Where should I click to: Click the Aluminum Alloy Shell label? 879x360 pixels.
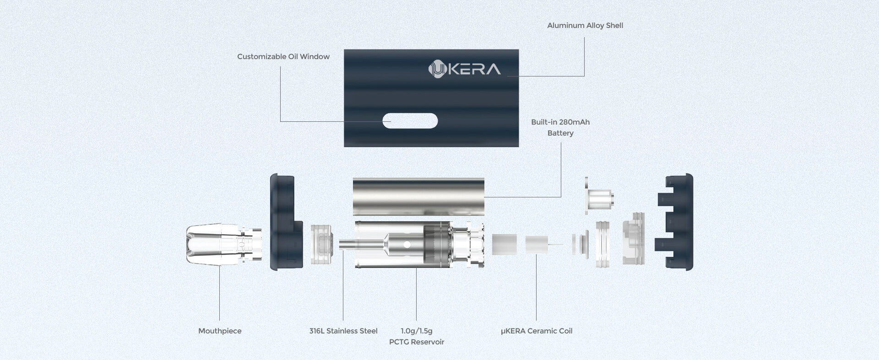[585, 26]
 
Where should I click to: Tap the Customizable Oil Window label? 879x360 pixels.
[283, 57]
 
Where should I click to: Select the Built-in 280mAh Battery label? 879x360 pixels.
[560, 128]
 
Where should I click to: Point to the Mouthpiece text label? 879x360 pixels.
[220, 331]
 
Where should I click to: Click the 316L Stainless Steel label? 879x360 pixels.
[343, 331]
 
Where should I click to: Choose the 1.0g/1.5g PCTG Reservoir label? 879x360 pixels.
[417, 337]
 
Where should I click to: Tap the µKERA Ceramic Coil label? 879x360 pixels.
[537, 331]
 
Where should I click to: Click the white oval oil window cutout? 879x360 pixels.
[410, 121]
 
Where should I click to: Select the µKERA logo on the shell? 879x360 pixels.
[464, 69]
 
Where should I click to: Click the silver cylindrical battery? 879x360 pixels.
[418, 196]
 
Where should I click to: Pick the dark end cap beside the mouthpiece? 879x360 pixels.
[286, 222]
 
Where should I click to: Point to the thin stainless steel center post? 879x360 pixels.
[362, 245]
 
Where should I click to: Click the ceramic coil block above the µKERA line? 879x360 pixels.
[537, 245]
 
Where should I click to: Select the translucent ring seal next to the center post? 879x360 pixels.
[322, 244]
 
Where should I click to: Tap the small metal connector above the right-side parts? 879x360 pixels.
[599, 196]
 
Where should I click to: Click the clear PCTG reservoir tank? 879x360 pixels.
[419, 245]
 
